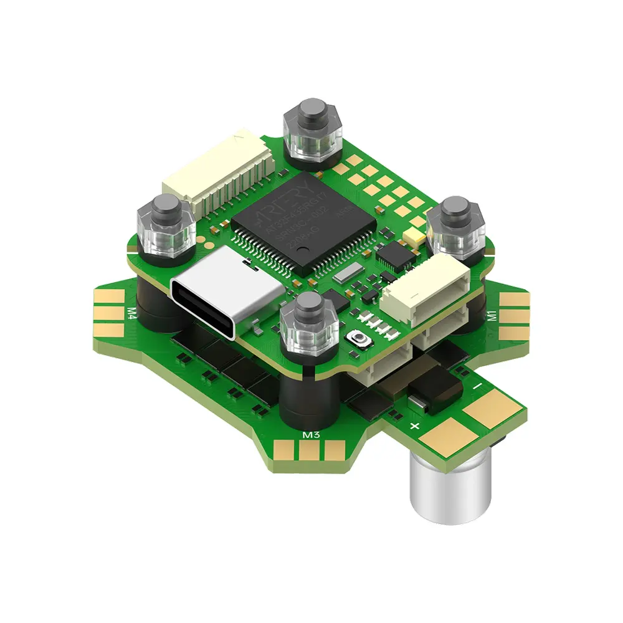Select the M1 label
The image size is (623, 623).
[x=492, y=315]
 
